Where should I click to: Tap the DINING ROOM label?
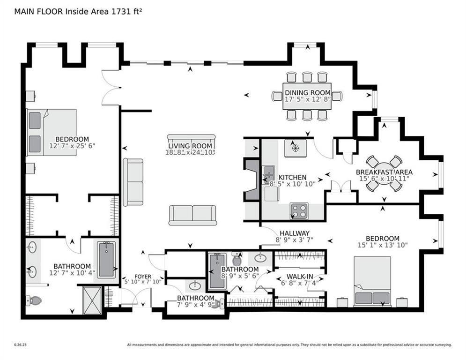click(x=308, y=92)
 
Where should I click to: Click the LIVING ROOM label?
click(x=191, y=145)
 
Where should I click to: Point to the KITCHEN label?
click(x=292, y=177)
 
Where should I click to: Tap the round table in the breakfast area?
click(x=384, y=173)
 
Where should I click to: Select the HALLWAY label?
click(x=295, y=233)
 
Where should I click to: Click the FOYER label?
click(x=142, y=276)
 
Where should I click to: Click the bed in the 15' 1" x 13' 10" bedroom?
click(x=372, y=281)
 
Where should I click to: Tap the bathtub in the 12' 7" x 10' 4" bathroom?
click(x=107, y=259)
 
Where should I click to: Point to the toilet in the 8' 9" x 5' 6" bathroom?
click(x=237, y=258)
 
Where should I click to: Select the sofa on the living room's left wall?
click(x=133, y=182)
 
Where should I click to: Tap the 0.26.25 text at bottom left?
click(x=21, y=345)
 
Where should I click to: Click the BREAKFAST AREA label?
click(x=384, y=172)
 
